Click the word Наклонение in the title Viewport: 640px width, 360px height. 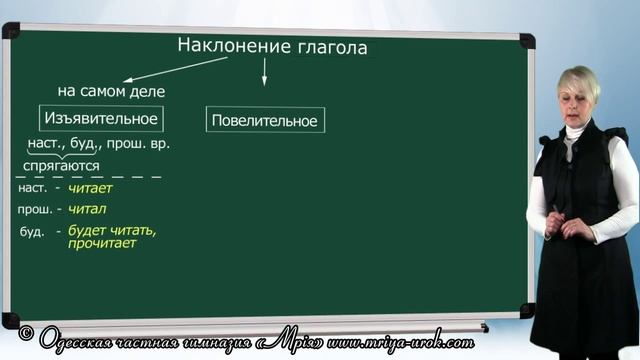point(227,47)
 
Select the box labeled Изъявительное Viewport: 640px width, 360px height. point(101,119)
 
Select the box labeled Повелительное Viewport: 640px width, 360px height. point(264,121)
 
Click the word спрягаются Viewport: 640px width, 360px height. point(62,165)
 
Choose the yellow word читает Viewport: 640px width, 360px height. point(91,188)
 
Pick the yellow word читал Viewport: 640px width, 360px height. point(87,209)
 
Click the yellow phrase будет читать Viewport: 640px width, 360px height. point(113,230)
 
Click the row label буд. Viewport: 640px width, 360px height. point(31,232)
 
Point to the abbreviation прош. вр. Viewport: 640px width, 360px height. point(145,144)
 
